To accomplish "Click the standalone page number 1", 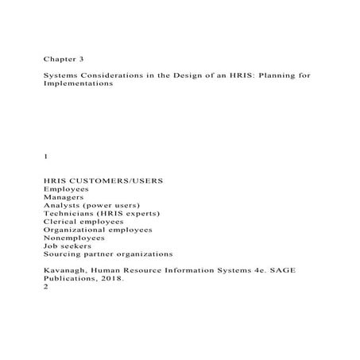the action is pos(46,157).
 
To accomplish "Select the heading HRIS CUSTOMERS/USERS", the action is pos(103,181).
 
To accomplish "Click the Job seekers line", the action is pos(68,246).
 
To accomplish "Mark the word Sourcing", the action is pos(64,254).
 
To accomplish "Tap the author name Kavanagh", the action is pos(67,270).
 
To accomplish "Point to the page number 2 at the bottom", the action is pos(46,287).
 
